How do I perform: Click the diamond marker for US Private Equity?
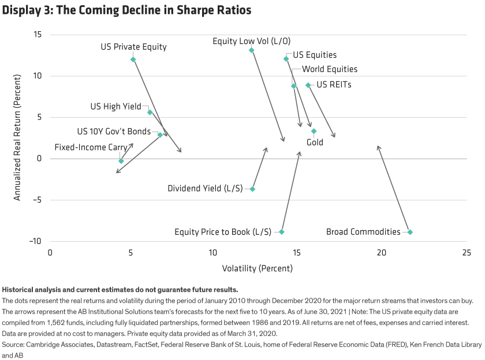(133, 59)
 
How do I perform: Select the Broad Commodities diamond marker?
(410, 232)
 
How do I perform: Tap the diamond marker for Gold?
(314, 132)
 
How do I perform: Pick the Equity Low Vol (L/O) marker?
(251, 51)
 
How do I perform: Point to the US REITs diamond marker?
(308, 85)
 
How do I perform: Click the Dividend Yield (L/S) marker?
(252, 189)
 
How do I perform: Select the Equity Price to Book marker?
(282, 232)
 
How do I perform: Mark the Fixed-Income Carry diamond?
(121, 161)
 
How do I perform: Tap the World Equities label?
(330, 69)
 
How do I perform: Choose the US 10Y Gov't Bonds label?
(114, 132)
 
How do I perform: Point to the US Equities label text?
(315, 55)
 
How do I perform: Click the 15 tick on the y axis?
(38, 35)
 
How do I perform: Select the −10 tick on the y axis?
(36, 241)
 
